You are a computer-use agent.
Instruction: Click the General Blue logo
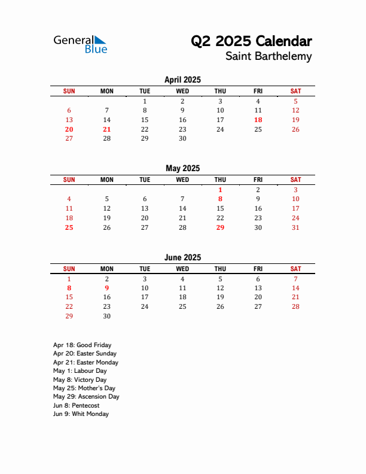point(80,44)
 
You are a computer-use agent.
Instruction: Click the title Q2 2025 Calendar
point(251,41)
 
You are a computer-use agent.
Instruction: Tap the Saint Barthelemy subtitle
point(269,56)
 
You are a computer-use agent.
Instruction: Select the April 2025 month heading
point(182,80)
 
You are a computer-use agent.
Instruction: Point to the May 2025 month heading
point(182,168)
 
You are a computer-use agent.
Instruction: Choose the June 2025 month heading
point(182,257)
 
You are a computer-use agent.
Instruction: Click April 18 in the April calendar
point(258,120)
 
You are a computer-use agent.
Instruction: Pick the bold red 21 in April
point(107,129)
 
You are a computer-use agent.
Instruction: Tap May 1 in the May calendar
point(220,190)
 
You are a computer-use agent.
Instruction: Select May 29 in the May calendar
point(220,227)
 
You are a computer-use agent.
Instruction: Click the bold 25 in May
point(69,227)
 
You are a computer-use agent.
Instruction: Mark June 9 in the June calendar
point(107,288)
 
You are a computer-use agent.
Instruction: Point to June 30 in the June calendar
point(107,316)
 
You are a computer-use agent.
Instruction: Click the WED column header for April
point(182,91)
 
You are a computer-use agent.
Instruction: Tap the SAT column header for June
point(295,269)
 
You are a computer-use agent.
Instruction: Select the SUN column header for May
point(69,180)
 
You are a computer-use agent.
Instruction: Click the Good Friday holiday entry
point(82,345)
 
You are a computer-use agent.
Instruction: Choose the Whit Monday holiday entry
point(81,414)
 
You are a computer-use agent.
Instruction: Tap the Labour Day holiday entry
point(80,371)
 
